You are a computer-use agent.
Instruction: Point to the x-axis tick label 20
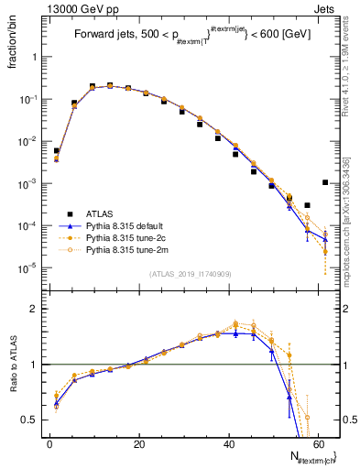click(x=139, y=444)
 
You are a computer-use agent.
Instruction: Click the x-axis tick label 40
click(x=229, y=444)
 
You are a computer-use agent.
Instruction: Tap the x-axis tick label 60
click(x=318, y=444)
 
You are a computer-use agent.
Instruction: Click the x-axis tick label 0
click(x=50, y=444)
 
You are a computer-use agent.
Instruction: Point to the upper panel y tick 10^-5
click(x=32, y=268)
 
